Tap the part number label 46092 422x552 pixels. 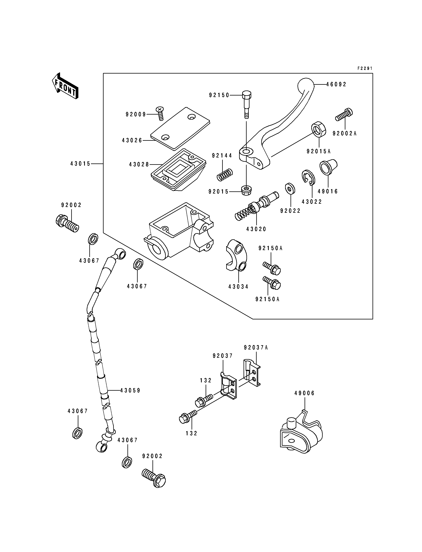tap(336, 84)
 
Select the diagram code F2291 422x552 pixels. tap(365, 68)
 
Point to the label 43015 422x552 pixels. tap(80, 164)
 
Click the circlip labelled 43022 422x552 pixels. tap(308, 178)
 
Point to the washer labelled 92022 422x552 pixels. tap(290, 188)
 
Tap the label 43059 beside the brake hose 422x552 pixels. tap(130, 390)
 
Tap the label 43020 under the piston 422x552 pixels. tap(256, 229)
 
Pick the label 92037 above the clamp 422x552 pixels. tap(223, 356)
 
